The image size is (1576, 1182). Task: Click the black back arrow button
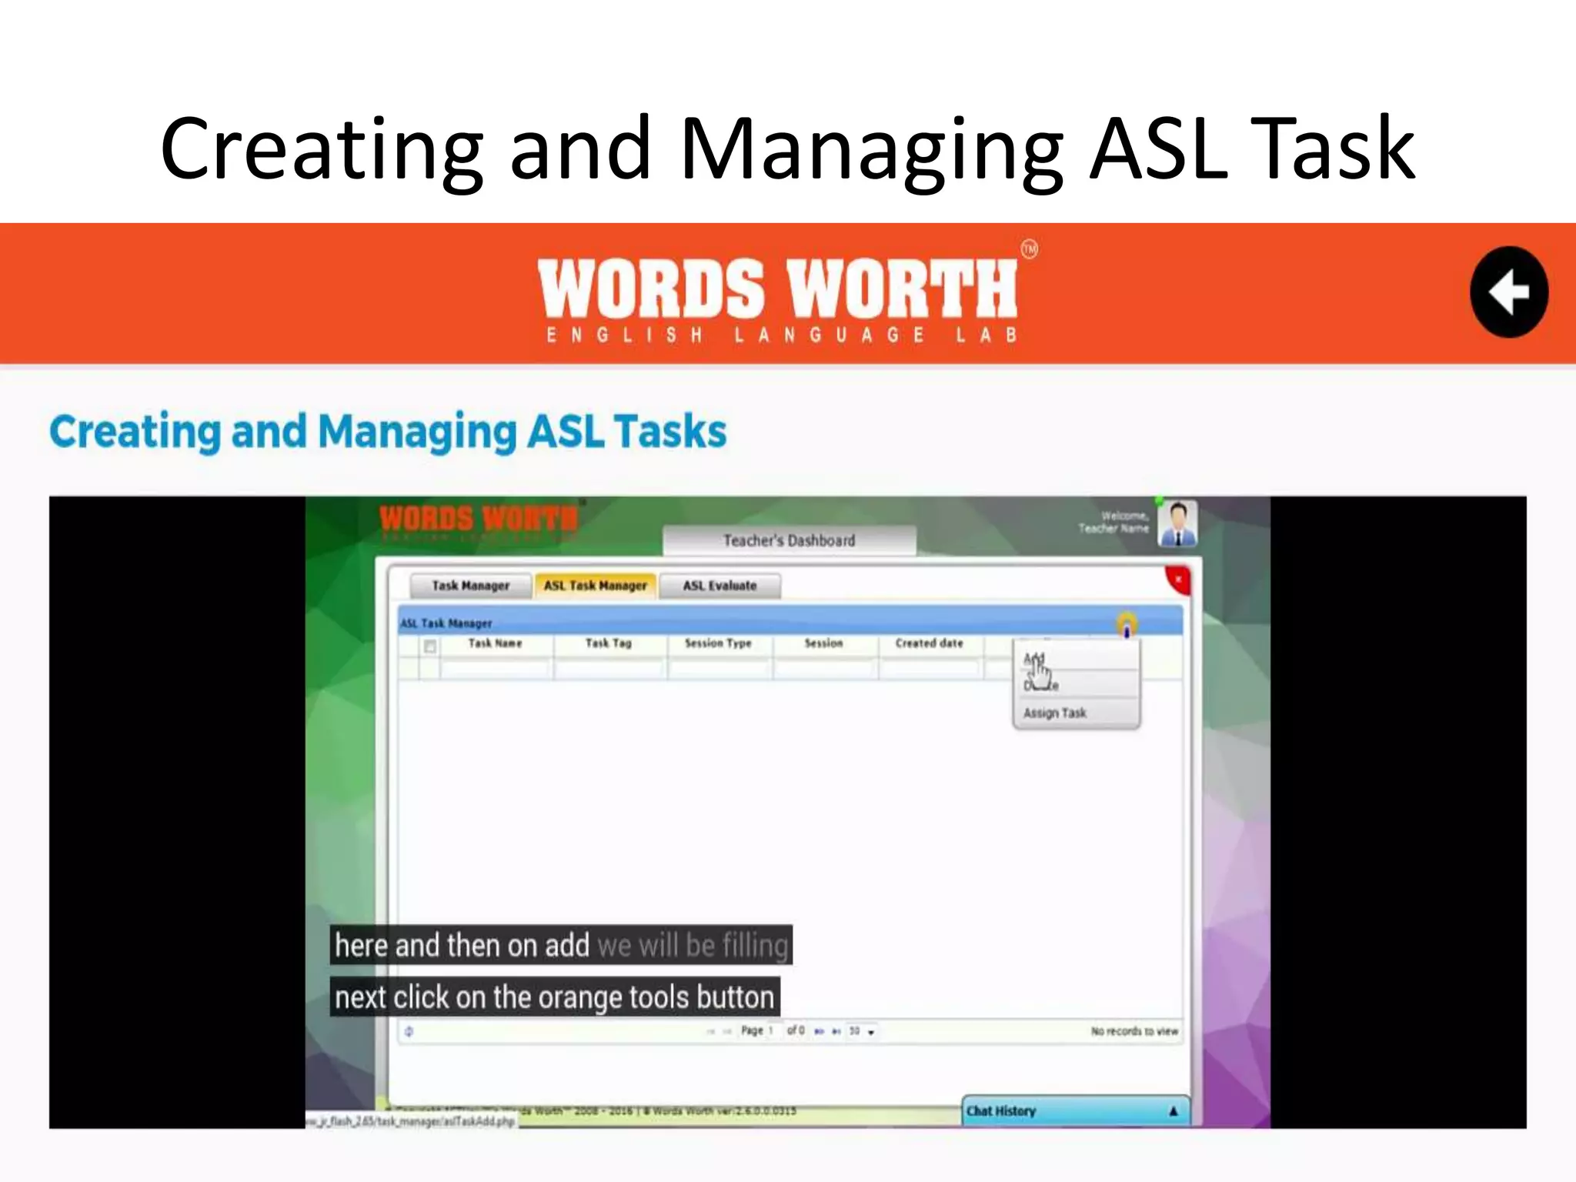(1508, 292)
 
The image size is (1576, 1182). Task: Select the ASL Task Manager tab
(595, 586)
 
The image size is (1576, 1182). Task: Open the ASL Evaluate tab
(720, 586)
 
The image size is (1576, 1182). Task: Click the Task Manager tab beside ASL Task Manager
(470, 586)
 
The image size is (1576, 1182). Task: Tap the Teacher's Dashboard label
(789, 540)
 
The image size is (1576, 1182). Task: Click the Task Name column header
(495, 643)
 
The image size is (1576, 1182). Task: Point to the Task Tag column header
(608, 643)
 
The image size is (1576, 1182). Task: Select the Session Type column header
(718, 643)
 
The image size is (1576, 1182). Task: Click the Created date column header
(929, 643)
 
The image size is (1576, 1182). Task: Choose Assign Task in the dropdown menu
(1055, 713)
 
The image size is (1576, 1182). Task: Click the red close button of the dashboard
(1178, 579)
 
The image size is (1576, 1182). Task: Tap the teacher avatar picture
(1177, 523)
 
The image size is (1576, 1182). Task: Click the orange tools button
(1127, 624)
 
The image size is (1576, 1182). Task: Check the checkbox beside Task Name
(430, 646)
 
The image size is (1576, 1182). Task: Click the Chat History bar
(1074, 1110)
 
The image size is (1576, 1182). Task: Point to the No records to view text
(1134, 1031)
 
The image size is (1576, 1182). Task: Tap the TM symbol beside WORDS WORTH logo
(1029, 249)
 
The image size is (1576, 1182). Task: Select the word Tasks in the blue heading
(670, 431)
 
